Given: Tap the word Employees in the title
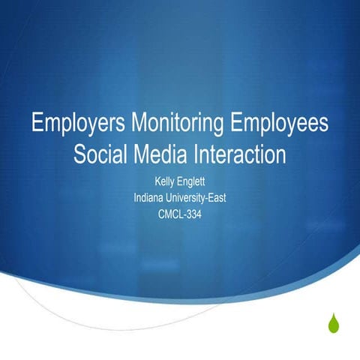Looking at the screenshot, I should pos(278,124).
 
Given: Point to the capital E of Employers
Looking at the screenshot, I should pos(37,123).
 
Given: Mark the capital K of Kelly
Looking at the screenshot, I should pos(156,181).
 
